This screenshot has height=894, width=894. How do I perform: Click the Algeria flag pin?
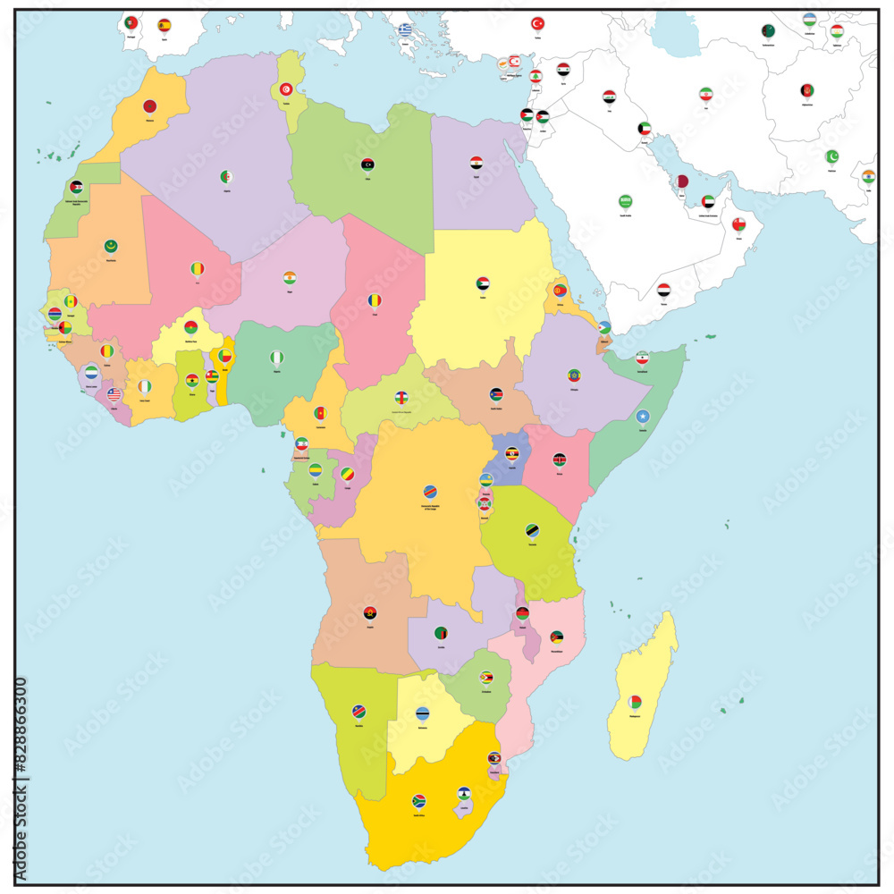click(x=226, y=177)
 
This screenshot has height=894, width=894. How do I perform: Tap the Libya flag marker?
click(x=367, y=165)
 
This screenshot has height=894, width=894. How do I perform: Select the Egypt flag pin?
click(x=477, y=164)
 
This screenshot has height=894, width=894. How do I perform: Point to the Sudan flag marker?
click(x=483, y=284)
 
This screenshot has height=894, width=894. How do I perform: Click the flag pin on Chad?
click(x=375, y=301)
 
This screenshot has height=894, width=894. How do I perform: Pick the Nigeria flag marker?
click(x=276, y=358)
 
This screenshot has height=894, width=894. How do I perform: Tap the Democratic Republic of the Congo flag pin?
click(x=430, y=492)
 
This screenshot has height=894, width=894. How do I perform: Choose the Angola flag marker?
click(x=370, y=613)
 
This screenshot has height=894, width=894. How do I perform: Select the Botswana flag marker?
click(x=422, y=713)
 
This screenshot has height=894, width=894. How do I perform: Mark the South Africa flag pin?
click(x=418, y=801)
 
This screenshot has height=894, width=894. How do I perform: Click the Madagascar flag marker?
click(x=634, y=702)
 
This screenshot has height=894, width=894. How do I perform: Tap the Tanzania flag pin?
click(x=532, y=530)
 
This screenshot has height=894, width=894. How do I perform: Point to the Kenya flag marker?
click(x=560, y=460)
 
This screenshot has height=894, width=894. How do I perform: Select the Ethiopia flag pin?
click(x=574, y=375)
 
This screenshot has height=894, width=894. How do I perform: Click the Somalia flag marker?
click(x=642, y=417)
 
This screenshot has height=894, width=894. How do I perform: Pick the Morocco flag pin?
click(x=150, y=106)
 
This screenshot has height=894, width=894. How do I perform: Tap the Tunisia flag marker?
click(x=286, y=89)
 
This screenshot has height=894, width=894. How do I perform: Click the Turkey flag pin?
click(x=538, y=24)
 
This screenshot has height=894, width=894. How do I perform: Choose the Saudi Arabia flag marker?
click(x=626, y=202)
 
